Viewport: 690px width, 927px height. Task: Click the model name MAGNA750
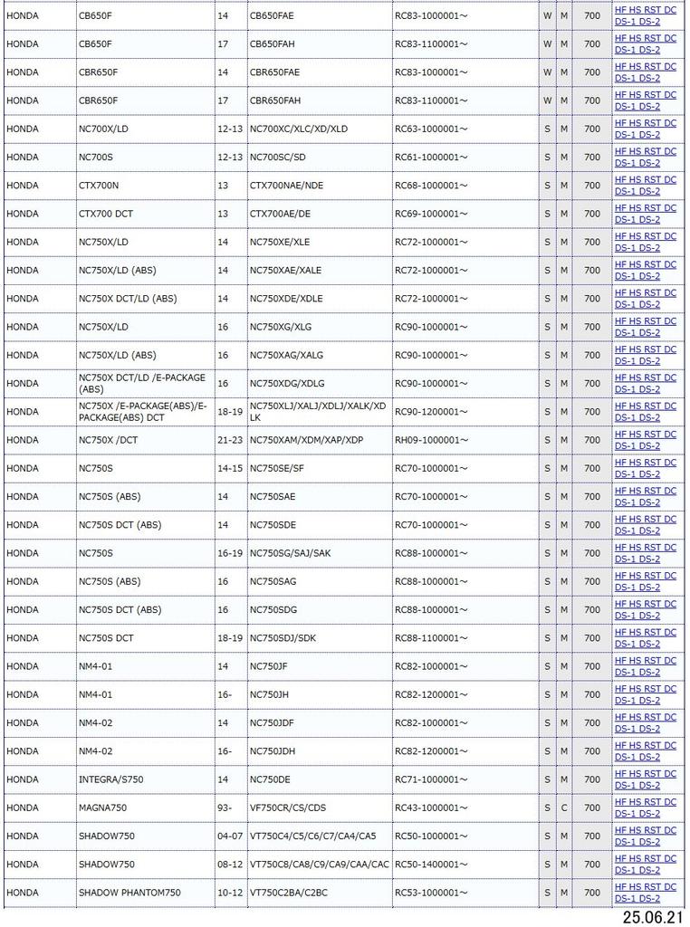pyautogui.click(x=102, y=808)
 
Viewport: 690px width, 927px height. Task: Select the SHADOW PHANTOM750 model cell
pyautogui.click(x=129, y=893)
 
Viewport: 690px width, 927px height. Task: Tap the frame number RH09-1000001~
pyautogui.click(x=431, y=440)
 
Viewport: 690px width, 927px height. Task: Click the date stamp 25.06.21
pyautogui.click(x=652, y=917)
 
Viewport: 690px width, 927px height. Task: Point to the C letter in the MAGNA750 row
pyautogui.click(x=564, y=808)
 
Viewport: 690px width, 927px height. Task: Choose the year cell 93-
pyautogui.click(x=225, y=808)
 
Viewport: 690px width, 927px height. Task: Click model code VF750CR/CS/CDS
pyautogui.click(x=288, y=808)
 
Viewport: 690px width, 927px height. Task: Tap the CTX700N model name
pyautogui.click(x=99, y=186)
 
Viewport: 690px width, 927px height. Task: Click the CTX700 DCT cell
pyautogui.click(x=106, y=214)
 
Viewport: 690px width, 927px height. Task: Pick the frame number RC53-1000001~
pyautogui.click(x=431, y=893)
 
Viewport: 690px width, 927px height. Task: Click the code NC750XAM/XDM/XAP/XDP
pyautogui.click(x=306, y=440)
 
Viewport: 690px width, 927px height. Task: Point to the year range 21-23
pyautogui.click(x=230, y=440)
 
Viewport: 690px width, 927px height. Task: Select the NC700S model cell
pyautogui.click(x=96, y=157)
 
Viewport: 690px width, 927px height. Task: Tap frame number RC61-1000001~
pyautogui.click(x=431, y=157)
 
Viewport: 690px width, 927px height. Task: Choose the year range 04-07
pyautogui.click(x=230, y=836)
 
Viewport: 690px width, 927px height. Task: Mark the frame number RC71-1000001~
pyautogui.click(x=431, y=779)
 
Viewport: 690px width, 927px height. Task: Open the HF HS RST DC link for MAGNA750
pyautogui.click(x=645, y=802)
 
